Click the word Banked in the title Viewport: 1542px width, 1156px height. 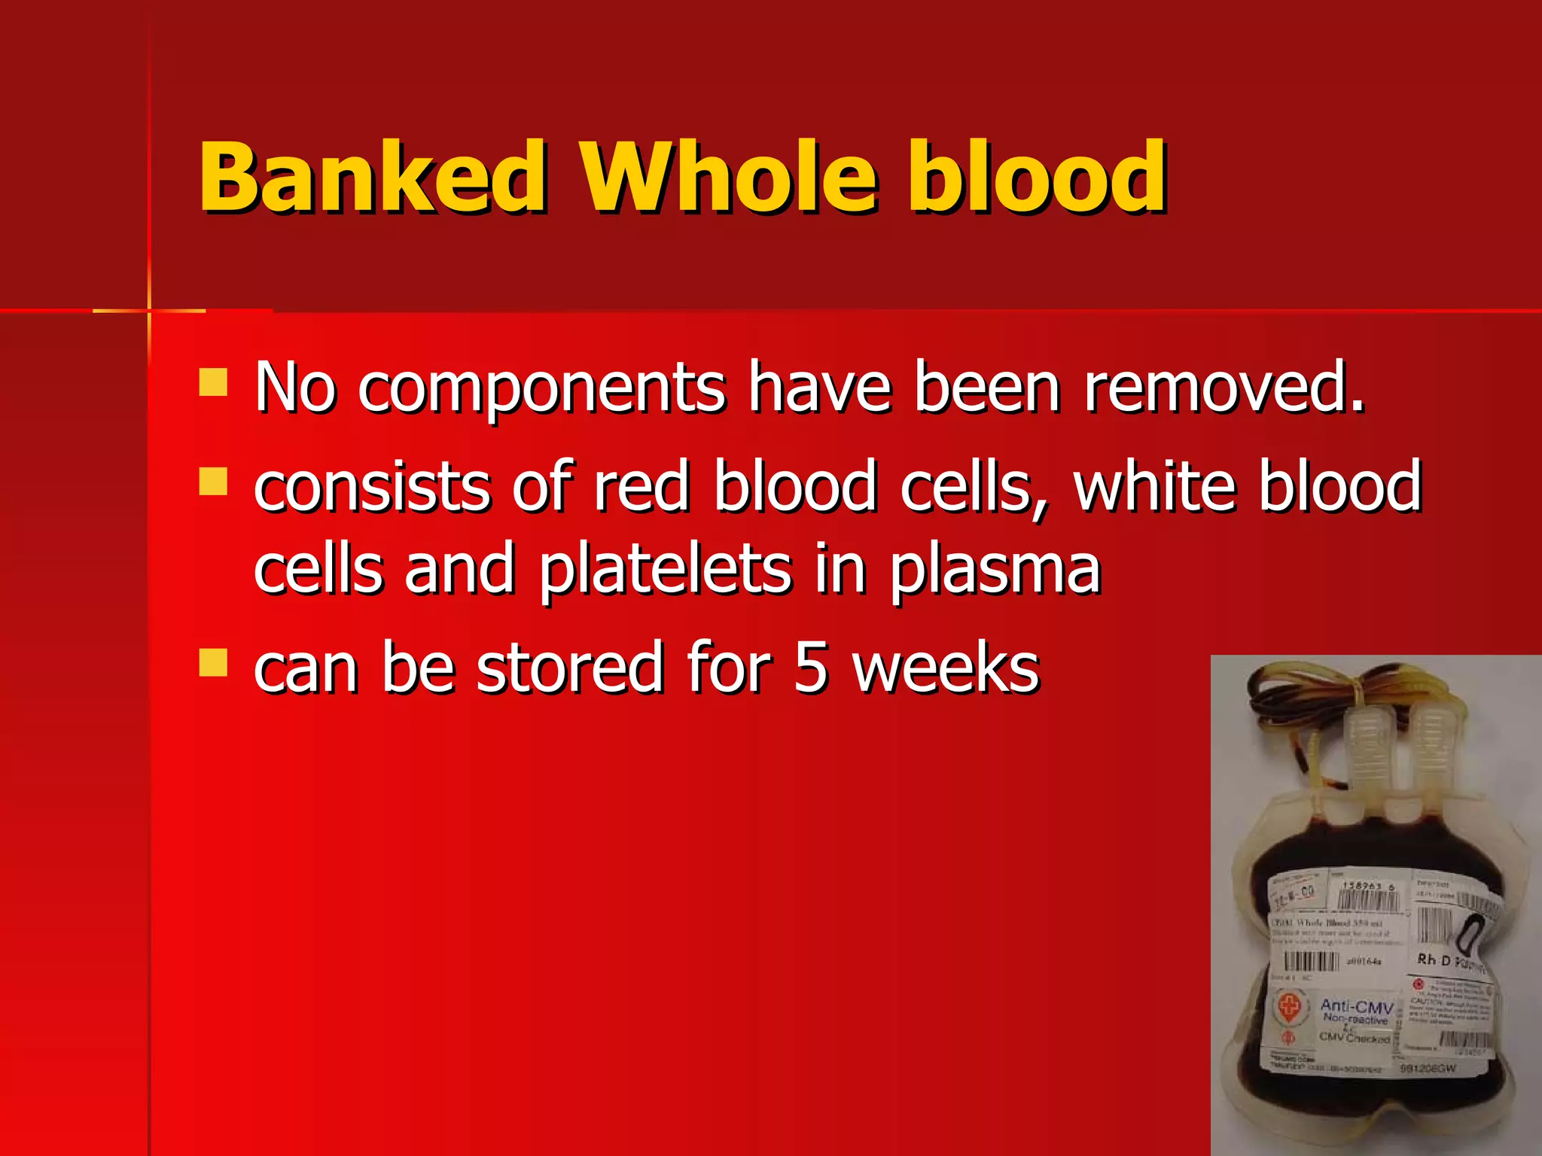[373, 178]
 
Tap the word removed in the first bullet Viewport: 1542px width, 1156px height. [1224, 388]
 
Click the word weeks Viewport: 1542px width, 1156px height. [946, 668]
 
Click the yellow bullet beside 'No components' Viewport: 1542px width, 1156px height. [213, 382]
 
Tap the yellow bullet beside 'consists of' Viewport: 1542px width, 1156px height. [213, 482]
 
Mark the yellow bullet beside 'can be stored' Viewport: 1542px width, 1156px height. [213, 663]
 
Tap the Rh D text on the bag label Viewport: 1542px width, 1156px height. [1434, 960]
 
